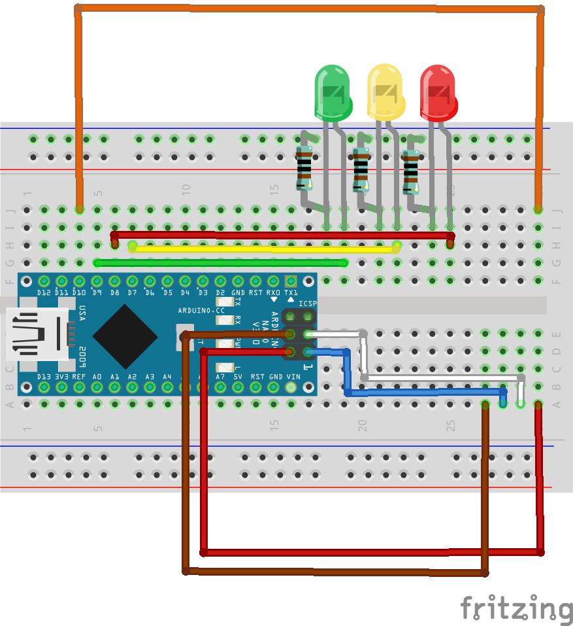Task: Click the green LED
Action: [333, 92]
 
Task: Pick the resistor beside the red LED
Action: [410, 172]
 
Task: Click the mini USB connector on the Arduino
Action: [36, 334]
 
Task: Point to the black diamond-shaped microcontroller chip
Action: [125, 336]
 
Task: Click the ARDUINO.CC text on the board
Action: [201, 310]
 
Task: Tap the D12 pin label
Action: [44, 292]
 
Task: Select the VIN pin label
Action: [292, 377]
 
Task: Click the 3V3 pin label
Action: [61, 377]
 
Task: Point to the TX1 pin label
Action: [291, 292]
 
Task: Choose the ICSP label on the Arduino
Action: [307, 304]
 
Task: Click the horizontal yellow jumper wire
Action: [264, 249]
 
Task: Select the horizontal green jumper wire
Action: [221, 263]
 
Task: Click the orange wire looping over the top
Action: [307, 9]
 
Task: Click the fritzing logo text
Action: [516, 608]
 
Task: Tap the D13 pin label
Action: [44, 377]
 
